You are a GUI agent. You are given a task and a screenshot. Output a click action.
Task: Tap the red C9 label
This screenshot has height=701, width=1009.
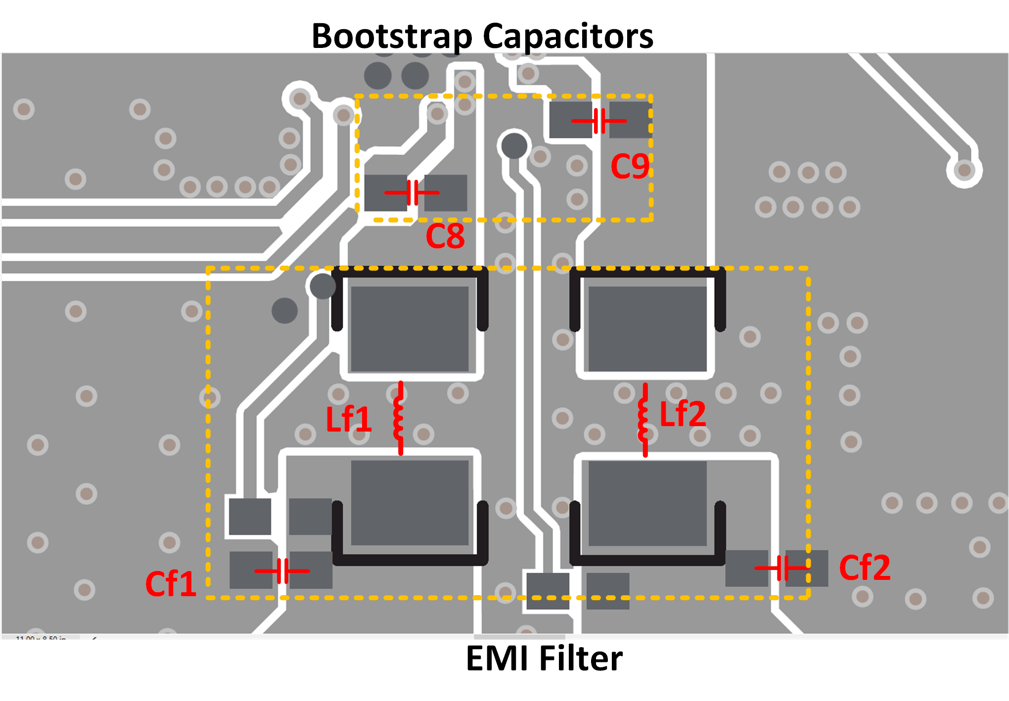pyautogui.click(x=630, y=166)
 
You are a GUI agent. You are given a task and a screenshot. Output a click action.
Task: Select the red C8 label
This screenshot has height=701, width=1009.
pyautogui.click(x=445, y=236)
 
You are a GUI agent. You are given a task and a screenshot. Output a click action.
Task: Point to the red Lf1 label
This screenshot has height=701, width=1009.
pyautogui.click(x=348, y=420)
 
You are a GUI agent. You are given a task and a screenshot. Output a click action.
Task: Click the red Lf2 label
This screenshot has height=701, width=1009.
pyautogui.click(x=683, y=414)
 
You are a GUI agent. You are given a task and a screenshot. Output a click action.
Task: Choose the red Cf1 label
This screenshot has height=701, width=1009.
pyautogui.click(x=171, y=584)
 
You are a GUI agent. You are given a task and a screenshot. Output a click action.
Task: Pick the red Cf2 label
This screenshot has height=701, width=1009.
pyautogui.click(x=865, y=568)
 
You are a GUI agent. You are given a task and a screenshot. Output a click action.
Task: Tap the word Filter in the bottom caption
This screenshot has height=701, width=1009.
pyautogui.click(x=581, y=658)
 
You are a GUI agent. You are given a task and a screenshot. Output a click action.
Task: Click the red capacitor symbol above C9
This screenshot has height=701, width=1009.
pyautogui.click(x=599, y=121)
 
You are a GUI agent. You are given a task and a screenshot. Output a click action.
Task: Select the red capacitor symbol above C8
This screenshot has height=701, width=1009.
pyautogui.click(x=412, y=193)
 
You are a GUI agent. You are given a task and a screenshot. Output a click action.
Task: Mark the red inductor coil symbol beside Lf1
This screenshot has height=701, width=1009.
pyautogui.click(x=399, y=418)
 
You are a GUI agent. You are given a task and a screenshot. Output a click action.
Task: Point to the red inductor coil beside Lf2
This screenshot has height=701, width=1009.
pyautogui.click(x=643, y=420)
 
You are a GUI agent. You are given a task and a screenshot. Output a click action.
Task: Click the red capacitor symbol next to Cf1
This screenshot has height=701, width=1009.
pyautogui.click(x=282, y=571)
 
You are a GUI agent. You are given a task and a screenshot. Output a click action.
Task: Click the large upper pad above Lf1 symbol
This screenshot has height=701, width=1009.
pyautogui.click(x=410, y=329)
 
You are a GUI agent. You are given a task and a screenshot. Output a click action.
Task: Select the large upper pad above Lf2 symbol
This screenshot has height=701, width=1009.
pyautogui.click(x=647, y=329)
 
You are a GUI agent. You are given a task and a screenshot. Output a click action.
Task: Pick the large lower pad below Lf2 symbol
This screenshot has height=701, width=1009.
pyautogui.click(x=647, y=503)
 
